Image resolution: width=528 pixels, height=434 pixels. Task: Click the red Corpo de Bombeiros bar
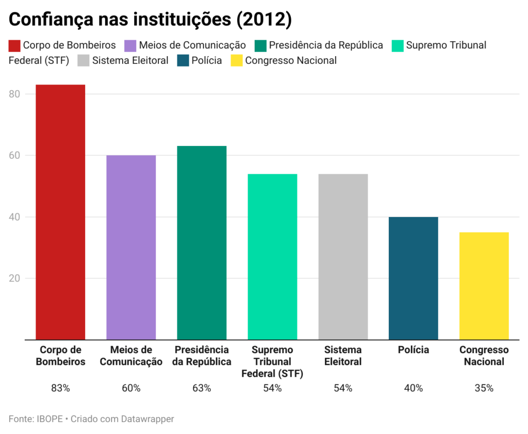click(x=60, y=212)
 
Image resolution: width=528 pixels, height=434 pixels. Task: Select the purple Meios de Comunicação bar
click(x=131, y=247)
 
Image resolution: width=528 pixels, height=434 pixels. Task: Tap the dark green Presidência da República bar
click(x=202, y=243)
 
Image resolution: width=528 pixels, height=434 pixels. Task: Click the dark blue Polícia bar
click(x=414, y=278)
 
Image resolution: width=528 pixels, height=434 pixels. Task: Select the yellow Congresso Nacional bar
click(x=484, y=286)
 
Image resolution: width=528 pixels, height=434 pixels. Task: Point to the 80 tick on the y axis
click(x=14, y=94)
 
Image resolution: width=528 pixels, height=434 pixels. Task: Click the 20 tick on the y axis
click(x=14, y=278)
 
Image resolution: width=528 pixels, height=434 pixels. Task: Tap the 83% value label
click(x=60, y=388)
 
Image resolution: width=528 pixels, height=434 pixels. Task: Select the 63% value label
click(x=202, y=388)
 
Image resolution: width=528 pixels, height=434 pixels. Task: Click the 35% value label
click(x=484, y=388)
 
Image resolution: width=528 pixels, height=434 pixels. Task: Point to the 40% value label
click(x=414, y=388)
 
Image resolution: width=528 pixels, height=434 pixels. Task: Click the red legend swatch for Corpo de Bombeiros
click(x=14, y=45)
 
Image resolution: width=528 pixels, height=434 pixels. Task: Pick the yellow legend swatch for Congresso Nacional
click(x=236, y=61)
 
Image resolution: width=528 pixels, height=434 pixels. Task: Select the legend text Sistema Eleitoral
click(x=130, y=61)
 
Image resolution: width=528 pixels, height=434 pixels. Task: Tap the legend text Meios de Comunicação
click(x=192, y=45)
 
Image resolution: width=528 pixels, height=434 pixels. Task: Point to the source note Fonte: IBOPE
click(x=36, y=419)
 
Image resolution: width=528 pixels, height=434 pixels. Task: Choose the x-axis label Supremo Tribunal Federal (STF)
click(x=272, y=362)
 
